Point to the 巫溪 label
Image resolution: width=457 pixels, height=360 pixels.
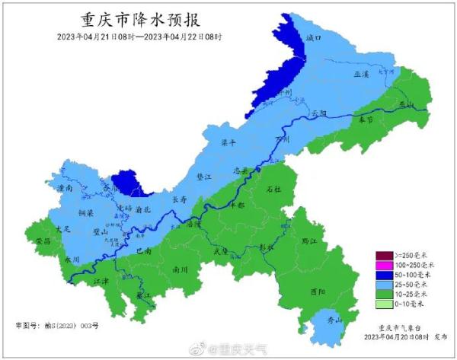(361, 75)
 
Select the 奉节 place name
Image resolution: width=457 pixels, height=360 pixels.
(365, 119)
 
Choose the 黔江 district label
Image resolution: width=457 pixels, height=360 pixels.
(330, 240)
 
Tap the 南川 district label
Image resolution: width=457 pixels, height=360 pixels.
(181, 269)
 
